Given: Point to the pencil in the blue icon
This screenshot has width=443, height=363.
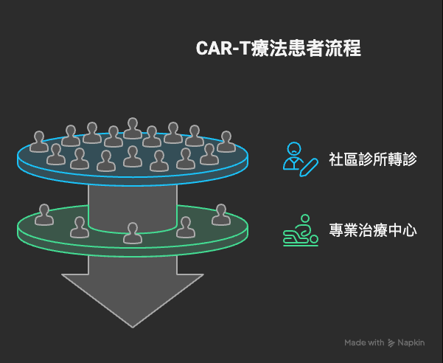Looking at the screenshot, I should point(310,166).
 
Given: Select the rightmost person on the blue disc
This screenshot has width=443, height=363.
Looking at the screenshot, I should point(226,142).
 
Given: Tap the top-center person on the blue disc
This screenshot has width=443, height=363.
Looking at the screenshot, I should point(133,128).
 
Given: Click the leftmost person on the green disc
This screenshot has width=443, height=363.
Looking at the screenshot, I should point(45,215).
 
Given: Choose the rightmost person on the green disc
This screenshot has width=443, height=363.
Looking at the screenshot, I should point(220,215).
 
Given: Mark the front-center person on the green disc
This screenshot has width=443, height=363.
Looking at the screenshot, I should point(133,232).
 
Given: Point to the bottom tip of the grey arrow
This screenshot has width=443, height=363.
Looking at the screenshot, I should point(133,325).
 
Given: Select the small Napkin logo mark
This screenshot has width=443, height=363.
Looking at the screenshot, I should point(391,342).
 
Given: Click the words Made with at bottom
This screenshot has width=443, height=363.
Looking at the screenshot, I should point(364,342).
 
